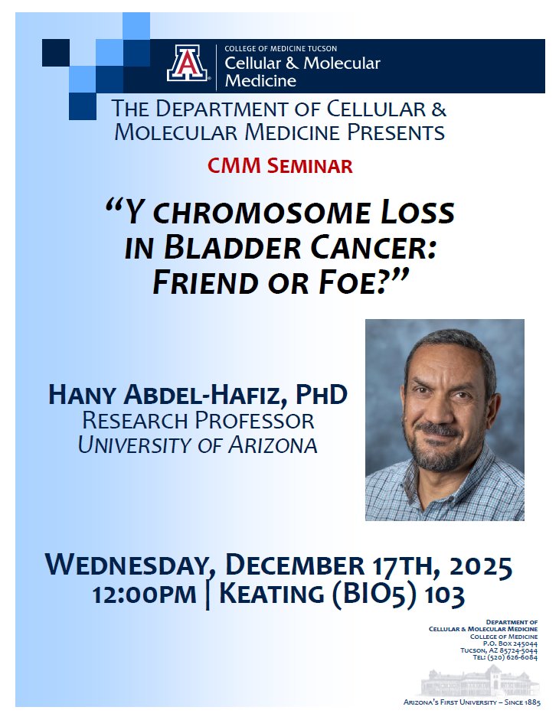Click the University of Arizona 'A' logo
188,63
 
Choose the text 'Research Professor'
198,420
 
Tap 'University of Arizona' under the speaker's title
198,445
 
